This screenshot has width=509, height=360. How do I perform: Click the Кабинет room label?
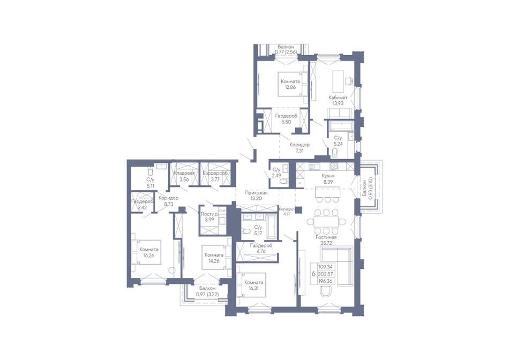click(x=338, y=97)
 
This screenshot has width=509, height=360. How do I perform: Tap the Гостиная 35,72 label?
click(x=326, y=240)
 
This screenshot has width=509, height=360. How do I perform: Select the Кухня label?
click(x=328, y=176)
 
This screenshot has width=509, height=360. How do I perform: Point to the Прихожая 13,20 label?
click(x=256, y=196)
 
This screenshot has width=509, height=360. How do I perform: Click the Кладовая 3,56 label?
click(x=184, y=176)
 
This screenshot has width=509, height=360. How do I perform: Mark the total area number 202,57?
click(x=326, y=274)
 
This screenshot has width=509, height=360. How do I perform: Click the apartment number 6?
click(x=313, y=274)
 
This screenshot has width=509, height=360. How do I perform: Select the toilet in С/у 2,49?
click(x=284, y=182)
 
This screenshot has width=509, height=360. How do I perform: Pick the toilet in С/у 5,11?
click(x=150, y=170)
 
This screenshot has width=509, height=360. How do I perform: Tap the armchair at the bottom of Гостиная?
click(x=326, y=292)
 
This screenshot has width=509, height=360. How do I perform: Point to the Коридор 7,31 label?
click(x=300, y=148)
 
